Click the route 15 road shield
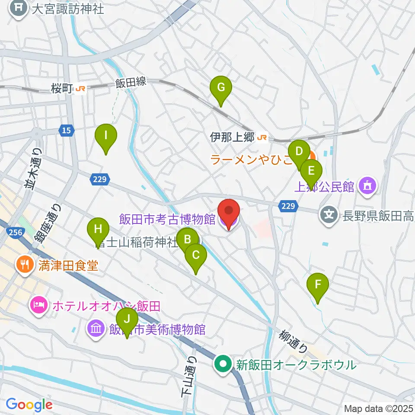(66, 130)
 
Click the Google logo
(29, 405)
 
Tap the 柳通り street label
(294, 341)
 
